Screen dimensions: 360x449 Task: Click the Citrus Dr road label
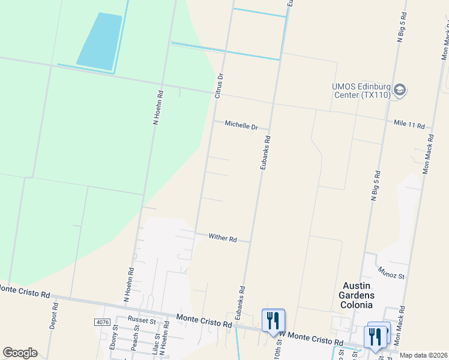click(x=219, y=86)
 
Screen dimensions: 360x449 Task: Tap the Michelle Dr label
click(x=241, y=125)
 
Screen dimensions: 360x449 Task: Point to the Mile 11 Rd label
click(x=409, y=125)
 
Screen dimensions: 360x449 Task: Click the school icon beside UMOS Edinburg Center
click(x=400, y=91)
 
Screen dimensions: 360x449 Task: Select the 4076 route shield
click(x=103, y=322)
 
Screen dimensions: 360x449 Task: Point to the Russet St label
click(x=142, y=321)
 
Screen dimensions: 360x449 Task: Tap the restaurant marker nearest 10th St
click(x=273, y=319)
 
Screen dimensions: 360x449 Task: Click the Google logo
click(x=20, y=353)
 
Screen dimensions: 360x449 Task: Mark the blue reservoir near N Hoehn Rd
click(x=100, y=40)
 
